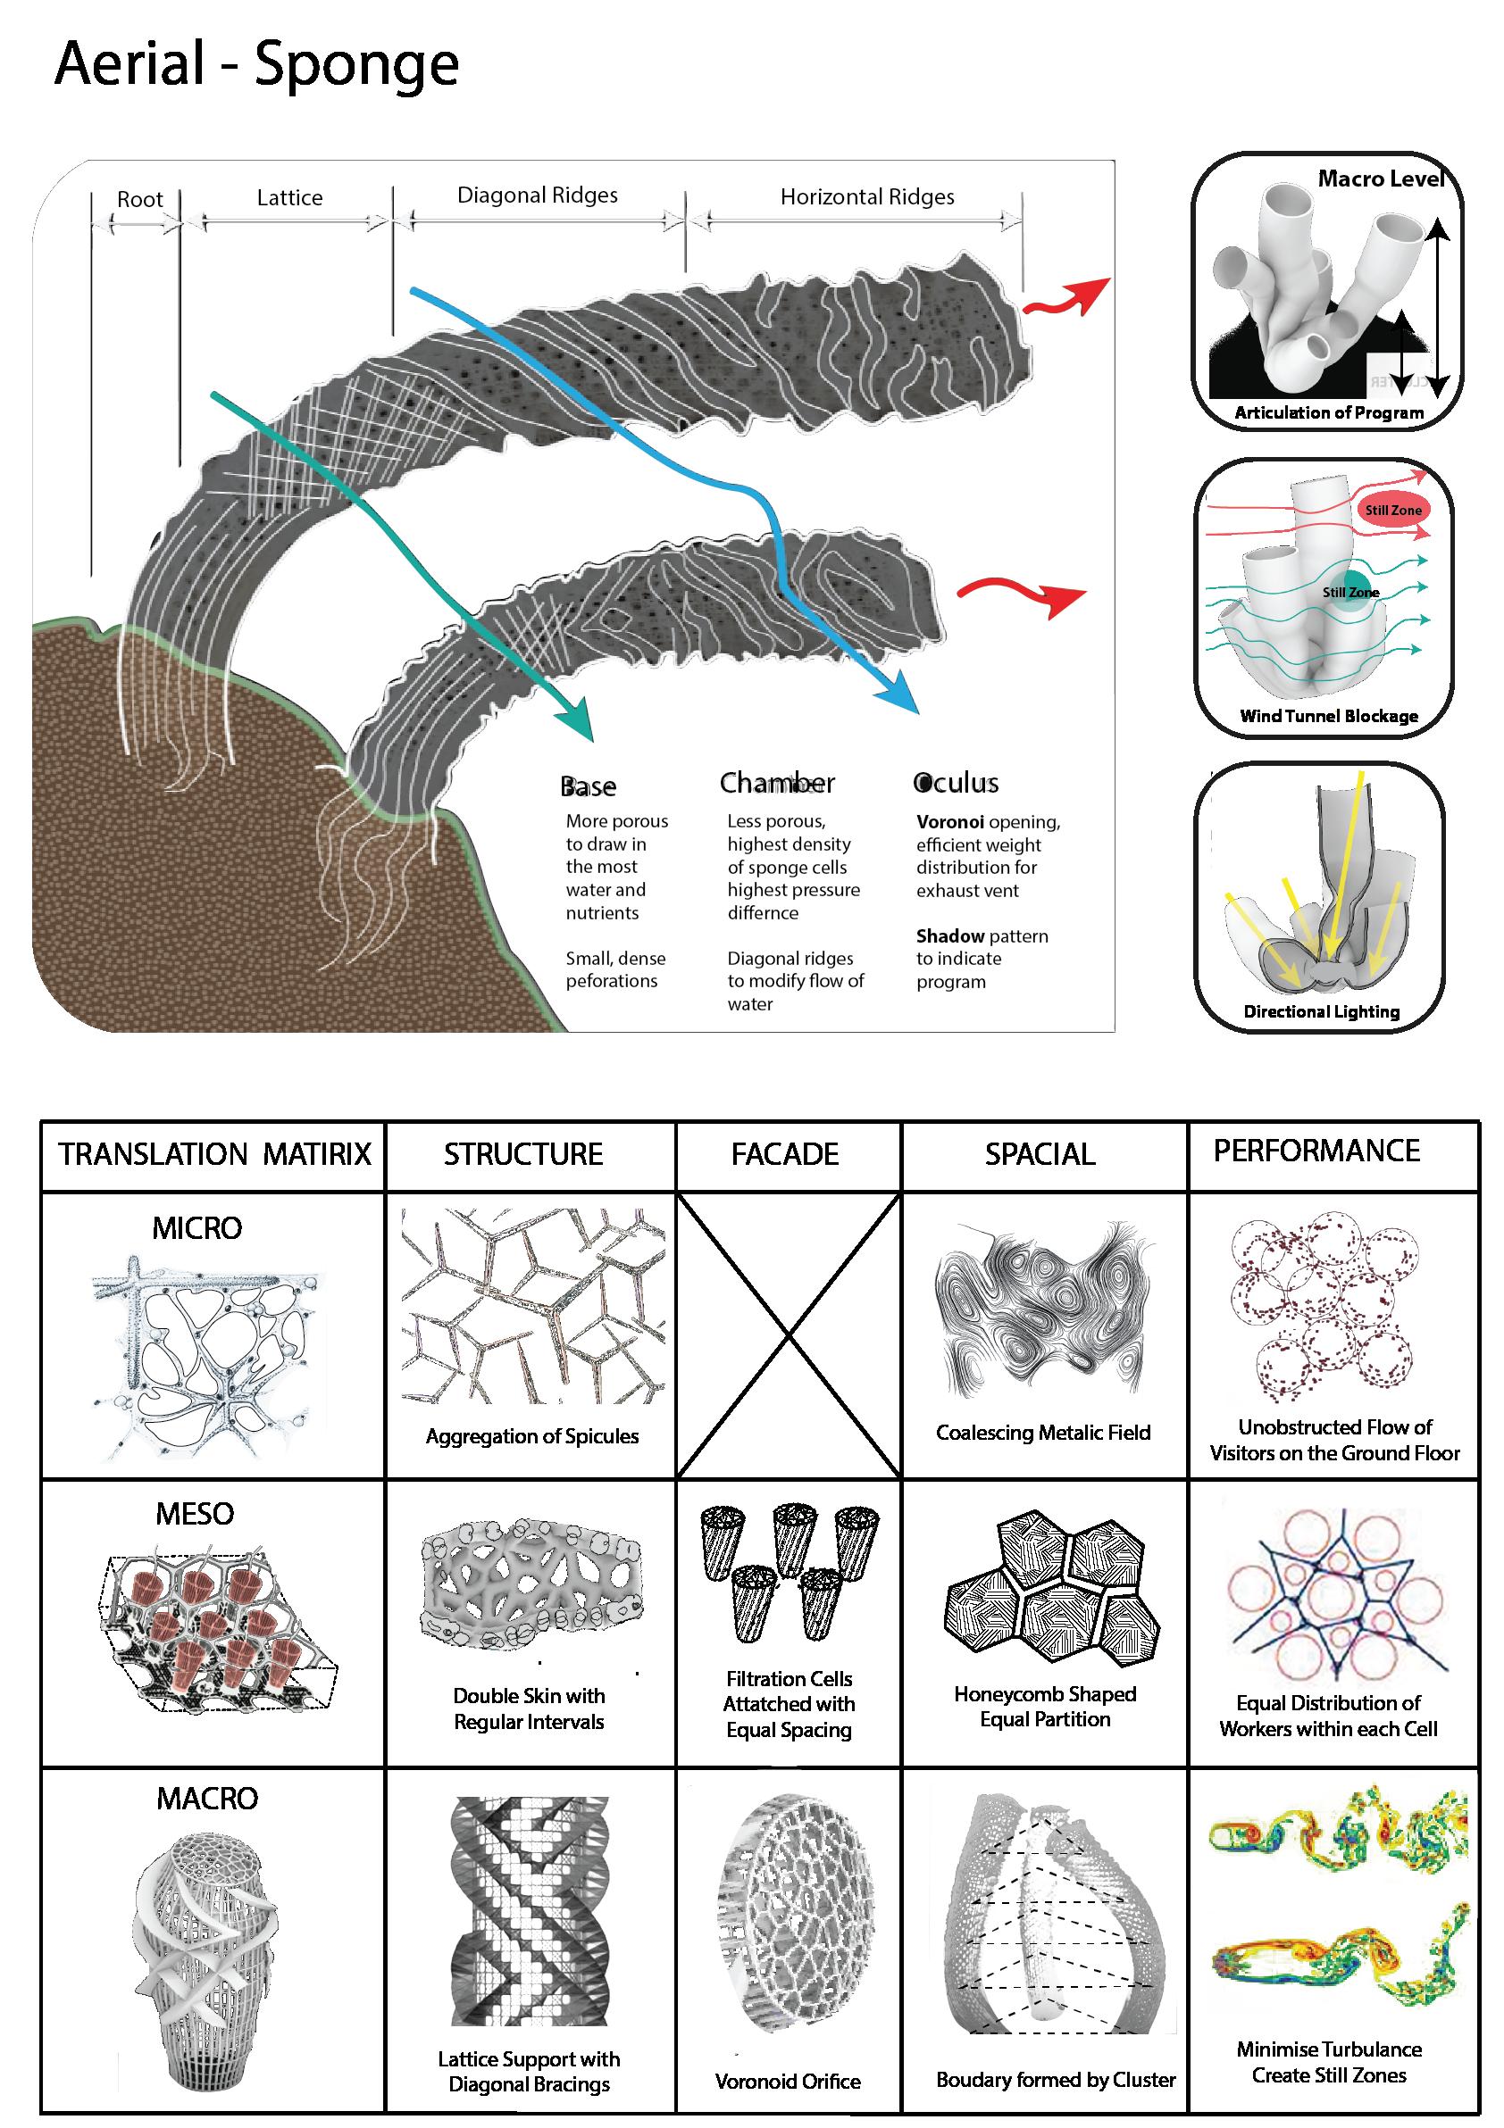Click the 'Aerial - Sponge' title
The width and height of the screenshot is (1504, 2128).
257,65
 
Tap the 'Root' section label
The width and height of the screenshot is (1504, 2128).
140,199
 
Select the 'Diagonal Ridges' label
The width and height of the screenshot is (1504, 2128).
537,195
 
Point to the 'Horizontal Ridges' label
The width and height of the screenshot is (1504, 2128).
867,196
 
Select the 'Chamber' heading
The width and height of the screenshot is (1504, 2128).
777,783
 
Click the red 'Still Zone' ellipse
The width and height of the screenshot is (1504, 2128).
1391,510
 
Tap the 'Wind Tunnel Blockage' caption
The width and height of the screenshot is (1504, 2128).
1329,716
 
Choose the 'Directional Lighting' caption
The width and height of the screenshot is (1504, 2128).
1321,1011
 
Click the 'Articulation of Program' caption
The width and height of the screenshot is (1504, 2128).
1329,413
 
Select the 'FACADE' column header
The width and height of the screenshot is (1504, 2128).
784,1154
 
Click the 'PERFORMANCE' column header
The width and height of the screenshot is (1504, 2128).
1316,1151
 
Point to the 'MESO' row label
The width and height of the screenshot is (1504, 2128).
195,1514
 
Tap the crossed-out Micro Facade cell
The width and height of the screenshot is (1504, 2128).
788,1334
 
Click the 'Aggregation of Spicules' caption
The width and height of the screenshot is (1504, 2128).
532,1435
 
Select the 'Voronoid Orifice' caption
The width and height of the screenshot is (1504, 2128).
788,2081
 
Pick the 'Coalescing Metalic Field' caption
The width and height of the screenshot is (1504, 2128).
1043,1432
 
